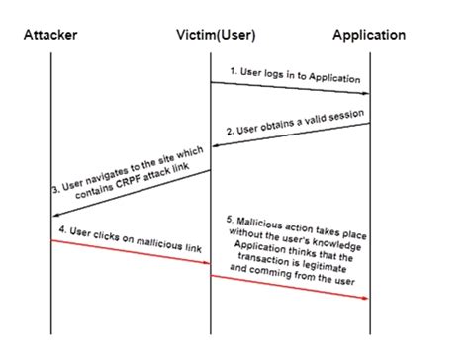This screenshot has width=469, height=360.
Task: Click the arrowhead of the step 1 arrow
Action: point(366,94)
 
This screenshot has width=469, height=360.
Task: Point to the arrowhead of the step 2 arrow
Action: point(215,145)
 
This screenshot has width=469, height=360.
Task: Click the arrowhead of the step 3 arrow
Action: point(55,215)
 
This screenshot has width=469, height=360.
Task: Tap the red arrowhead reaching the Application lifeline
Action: point(366,298)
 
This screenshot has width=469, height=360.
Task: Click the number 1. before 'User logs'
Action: point(234,70)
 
